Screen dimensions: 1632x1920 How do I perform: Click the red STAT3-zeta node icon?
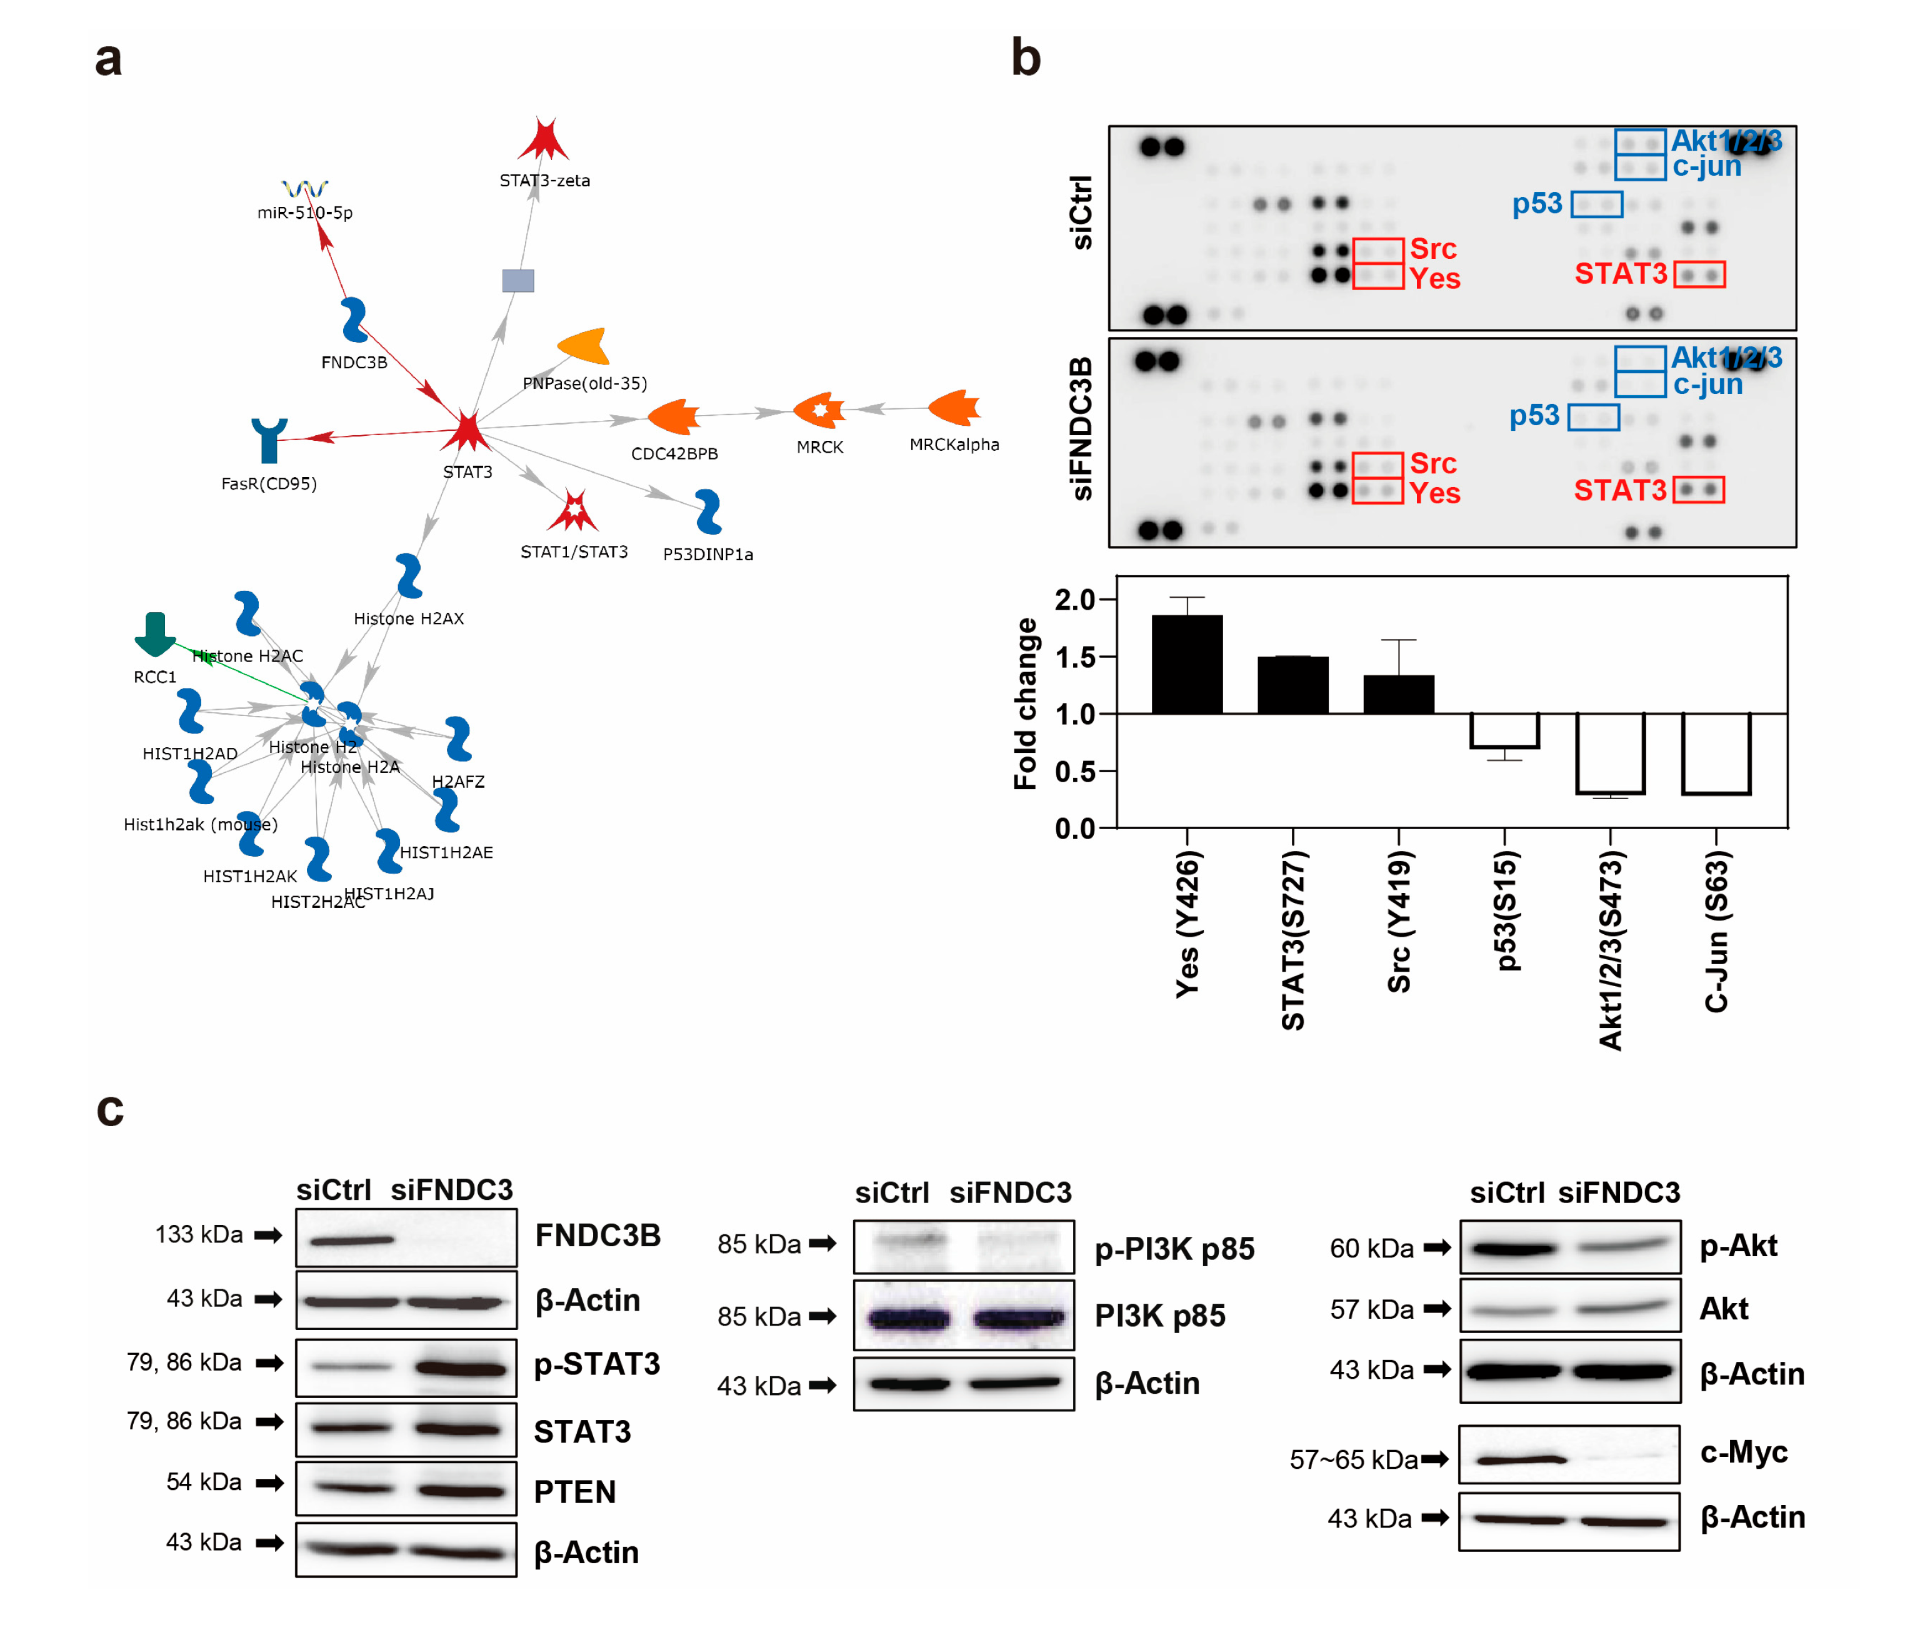pos(543,141)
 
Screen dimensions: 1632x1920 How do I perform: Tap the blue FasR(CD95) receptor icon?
pos(269,440)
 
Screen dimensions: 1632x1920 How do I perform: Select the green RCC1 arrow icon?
pos(154,634)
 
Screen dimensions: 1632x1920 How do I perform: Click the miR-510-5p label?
pos(304,213)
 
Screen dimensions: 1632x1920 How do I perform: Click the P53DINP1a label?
pos(707,554)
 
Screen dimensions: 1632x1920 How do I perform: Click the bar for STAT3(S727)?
pos(1292,685)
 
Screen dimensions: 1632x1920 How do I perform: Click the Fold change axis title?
pos(1025,703)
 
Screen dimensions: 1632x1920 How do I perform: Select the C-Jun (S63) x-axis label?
pos(1716,934)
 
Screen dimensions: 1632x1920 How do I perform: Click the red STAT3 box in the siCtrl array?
pos(1699,275)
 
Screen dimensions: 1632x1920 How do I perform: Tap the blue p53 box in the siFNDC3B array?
pos(1592,417)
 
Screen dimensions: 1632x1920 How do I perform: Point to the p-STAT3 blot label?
pos(596,1364)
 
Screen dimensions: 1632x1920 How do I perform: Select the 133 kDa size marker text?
pos(199,1234)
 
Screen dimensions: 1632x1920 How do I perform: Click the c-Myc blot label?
pos(1743,1451)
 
